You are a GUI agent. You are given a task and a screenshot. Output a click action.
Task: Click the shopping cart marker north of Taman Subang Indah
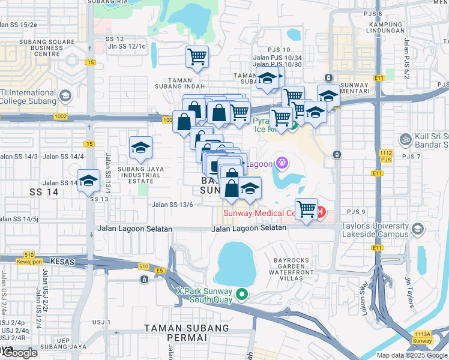[x=197, y=58]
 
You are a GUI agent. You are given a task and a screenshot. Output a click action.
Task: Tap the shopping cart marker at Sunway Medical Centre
[x=306, y=210]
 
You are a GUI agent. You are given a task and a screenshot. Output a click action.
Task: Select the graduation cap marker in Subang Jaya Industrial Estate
[x=140, y=148]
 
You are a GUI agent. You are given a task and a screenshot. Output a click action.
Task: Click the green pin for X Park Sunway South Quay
[x=242, y=294]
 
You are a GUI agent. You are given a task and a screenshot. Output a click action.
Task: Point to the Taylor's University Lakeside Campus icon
[x=417, y=229]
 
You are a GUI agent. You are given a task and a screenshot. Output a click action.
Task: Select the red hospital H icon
[x=321, y=212]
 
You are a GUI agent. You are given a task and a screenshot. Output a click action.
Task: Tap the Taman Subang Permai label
[x=187, y=334]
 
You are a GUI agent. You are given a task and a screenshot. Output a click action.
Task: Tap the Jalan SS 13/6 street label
[x=172, y=205]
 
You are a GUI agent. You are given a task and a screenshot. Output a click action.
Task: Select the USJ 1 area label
[x=100, y=322]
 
